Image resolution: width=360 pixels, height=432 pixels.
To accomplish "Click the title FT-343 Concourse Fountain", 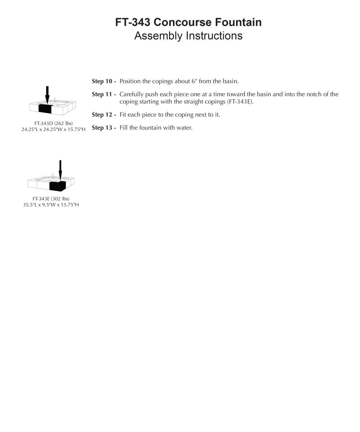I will [188, 22].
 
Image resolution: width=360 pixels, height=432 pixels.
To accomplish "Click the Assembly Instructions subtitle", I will [188, 36].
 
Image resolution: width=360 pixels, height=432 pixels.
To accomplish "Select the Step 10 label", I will [104, 81].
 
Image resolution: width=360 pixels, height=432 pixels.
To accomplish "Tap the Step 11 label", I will [104, 94].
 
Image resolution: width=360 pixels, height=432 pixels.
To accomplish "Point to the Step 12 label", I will [104, 115].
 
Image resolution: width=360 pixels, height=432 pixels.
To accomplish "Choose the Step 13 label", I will [104, 128].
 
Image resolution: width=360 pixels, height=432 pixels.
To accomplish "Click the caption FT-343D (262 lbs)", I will [54, 124].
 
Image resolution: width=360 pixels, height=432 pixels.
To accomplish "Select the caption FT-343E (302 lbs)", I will [51, 199].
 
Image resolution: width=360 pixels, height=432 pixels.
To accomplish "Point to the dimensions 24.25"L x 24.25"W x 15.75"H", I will [54, 130].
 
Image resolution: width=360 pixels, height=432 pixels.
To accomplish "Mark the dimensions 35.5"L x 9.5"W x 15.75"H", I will [51, 205].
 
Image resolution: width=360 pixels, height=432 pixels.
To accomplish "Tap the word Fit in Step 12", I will [123, 115].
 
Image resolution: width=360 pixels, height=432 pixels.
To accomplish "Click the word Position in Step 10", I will [130, 81].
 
